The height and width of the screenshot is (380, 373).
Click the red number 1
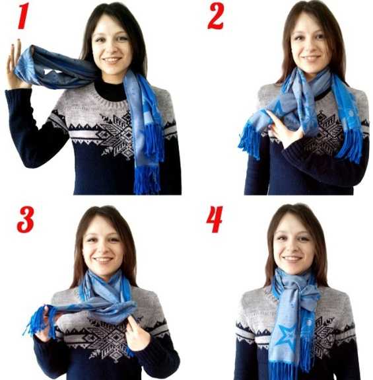click(x=24, y=16)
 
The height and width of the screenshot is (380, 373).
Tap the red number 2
click(x=216, y=16)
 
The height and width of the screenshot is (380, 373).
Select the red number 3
click(x=25, y=219)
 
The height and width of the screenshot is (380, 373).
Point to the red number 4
click(x=215, y=219)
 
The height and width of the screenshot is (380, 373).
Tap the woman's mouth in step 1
click(x=112, y=60)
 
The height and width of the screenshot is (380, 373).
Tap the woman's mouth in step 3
click(x=103, y=260)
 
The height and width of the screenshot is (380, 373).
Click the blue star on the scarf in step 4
click(x=287, y=336)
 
